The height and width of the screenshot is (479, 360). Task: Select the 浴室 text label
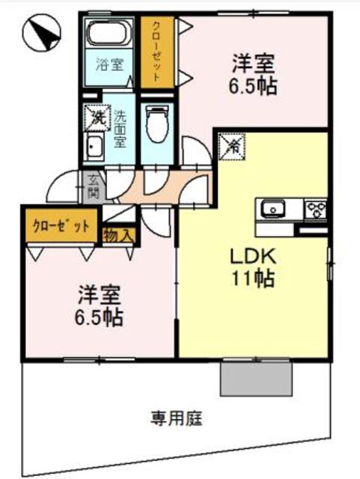[109, 65]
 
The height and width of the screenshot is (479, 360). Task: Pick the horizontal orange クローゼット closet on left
[60, 226]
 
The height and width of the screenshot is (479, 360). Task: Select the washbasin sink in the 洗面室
[95, 146]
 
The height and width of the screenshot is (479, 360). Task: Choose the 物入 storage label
[118, 236]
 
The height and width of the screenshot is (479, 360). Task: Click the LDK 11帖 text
[253, 268]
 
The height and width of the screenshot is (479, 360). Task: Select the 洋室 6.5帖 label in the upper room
[253, 73]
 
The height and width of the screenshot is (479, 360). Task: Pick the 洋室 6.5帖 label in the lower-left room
[99, 305]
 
